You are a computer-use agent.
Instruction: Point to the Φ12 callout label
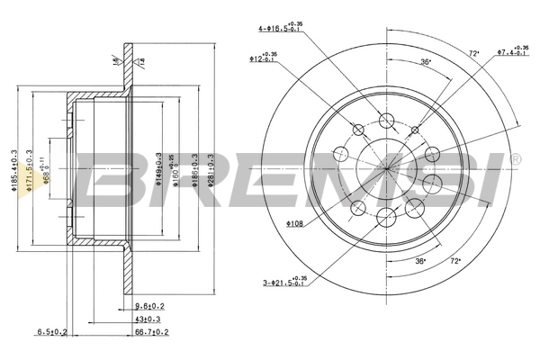point(264,58)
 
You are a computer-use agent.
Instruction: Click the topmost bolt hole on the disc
point(388,121)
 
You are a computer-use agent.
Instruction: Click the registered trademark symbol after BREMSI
point(514,159)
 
